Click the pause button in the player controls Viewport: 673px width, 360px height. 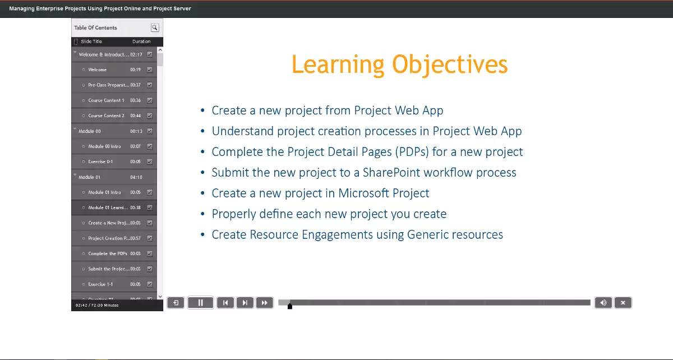click(x=200, y=303)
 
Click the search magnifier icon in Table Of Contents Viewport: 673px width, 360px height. click(x=155, y=27)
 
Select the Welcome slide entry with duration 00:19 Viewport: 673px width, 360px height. click(x=97, y=70)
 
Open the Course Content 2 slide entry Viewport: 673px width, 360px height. click(x=106, y=116)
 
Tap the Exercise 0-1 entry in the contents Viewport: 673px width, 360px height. click(x=100, y=161)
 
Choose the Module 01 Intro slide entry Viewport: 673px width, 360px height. click(x=104, y=192)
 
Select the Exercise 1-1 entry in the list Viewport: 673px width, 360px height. click(x=100, y=284)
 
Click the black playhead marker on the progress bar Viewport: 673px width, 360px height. click(x=289, y=306)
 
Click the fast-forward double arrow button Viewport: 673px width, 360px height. click(x=264, y=303)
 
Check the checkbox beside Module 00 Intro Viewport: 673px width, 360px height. click(x=150, y=146)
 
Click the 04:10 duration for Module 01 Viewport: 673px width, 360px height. click(x=136, y=177)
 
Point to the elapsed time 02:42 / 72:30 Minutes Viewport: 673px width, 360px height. click(x=97, y=306)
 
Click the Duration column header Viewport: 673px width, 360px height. click(x=141, y=41)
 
